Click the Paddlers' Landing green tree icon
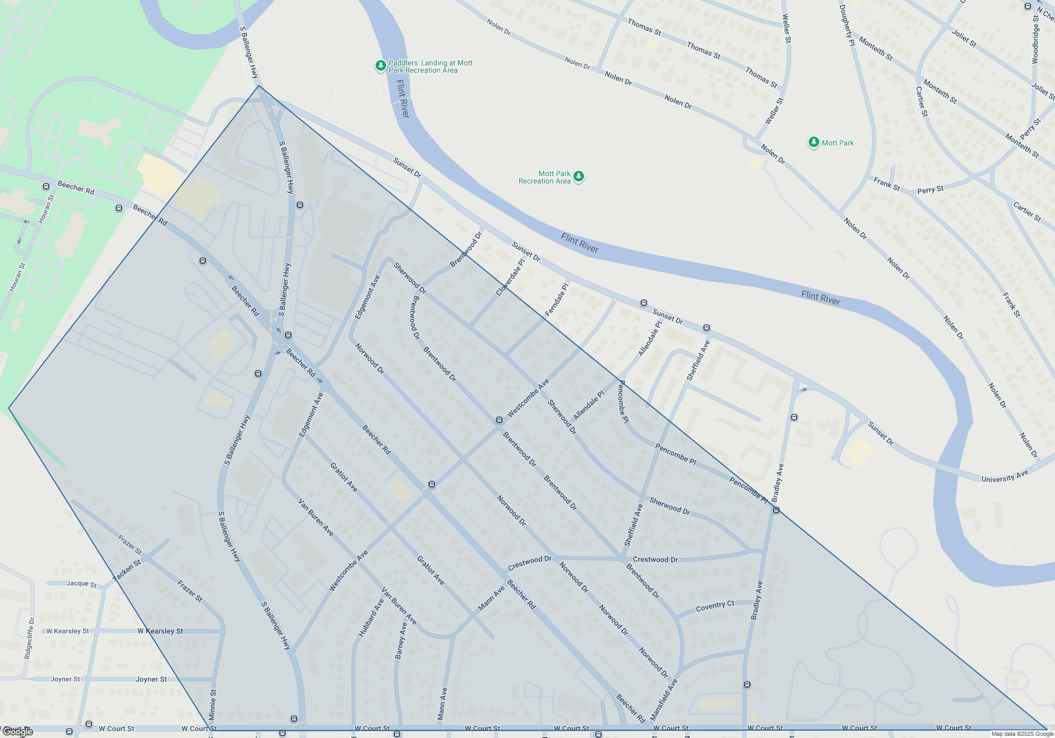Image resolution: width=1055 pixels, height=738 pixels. click(380, 66)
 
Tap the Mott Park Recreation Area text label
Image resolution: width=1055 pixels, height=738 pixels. click(544, 177)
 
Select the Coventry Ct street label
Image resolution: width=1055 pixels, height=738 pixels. click(715, 606)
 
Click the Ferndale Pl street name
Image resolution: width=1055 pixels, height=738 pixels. click(557, 299)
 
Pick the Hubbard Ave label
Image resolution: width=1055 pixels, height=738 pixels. click(371, 618)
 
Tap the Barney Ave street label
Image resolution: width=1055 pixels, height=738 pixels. click(401, 640)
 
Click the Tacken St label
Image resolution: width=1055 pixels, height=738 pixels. click(127, 570)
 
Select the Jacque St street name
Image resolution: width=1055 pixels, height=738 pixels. click(81, 584)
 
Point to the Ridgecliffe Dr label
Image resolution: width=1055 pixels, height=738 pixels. click(30, 638)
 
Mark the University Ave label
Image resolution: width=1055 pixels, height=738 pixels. click(1004, 477)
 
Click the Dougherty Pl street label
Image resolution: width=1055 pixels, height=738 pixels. click(847, 25)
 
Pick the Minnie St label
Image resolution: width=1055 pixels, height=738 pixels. click(213, 705)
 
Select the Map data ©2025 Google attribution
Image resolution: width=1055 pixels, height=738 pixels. click(1022, 734)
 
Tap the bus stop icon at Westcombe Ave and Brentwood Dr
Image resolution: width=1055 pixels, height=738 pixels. click(499, 420)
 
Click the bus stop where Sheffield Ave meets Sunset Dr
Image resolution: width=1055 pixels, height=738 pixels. click(706, 328)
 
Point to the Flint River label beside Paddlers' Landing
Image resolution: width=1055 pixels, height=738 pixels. click(402, 99)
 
